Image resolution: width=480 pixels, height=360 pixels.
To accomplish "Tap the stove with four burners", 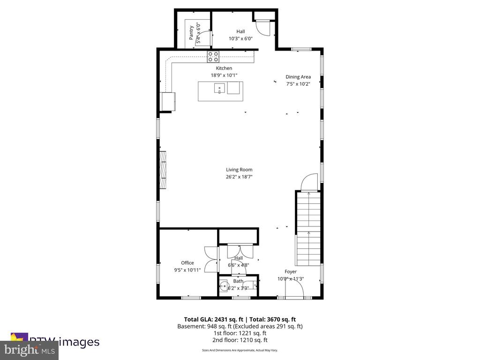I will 213,57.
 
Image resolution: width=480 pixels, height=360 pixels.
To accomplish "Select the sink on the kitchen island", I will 219,88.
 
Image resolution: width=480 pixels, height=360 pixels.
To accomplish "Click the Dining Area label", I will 298,77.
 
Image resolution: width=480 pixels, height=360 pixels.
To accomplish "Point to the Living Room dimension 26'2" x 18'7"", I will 239,177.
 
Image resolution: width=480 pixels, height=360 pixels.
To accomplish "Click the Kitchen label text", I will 224,68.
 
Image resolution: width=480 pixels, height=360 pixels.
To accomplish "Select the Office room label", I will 187,263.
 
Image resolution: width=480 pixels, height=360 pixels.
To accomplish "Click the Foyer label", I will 291,271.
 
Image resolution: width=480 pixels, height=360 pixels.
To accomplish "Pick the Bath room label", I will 238,281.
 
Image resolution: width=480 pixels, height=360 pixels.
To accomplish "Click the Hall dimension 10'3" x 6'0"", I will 240,39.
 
